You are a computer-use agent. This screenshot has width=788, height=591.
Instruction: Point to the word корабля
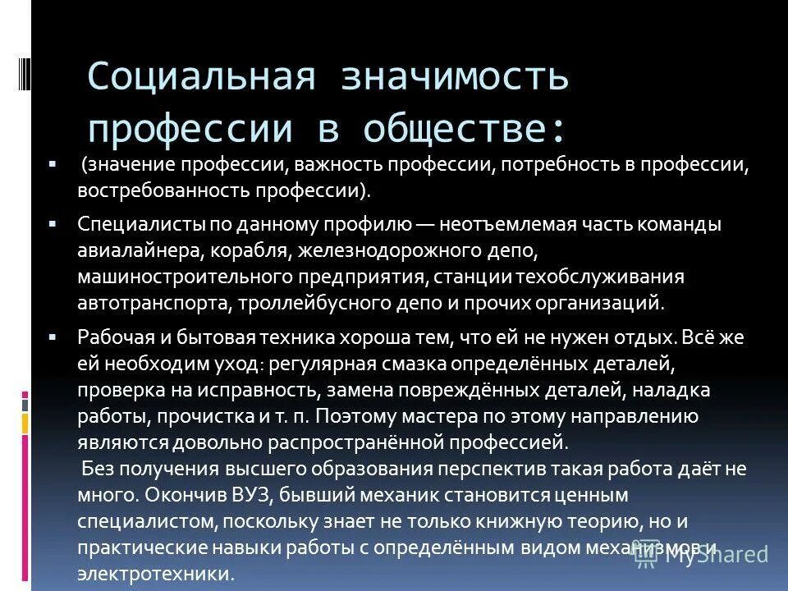tap(261, 250)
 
